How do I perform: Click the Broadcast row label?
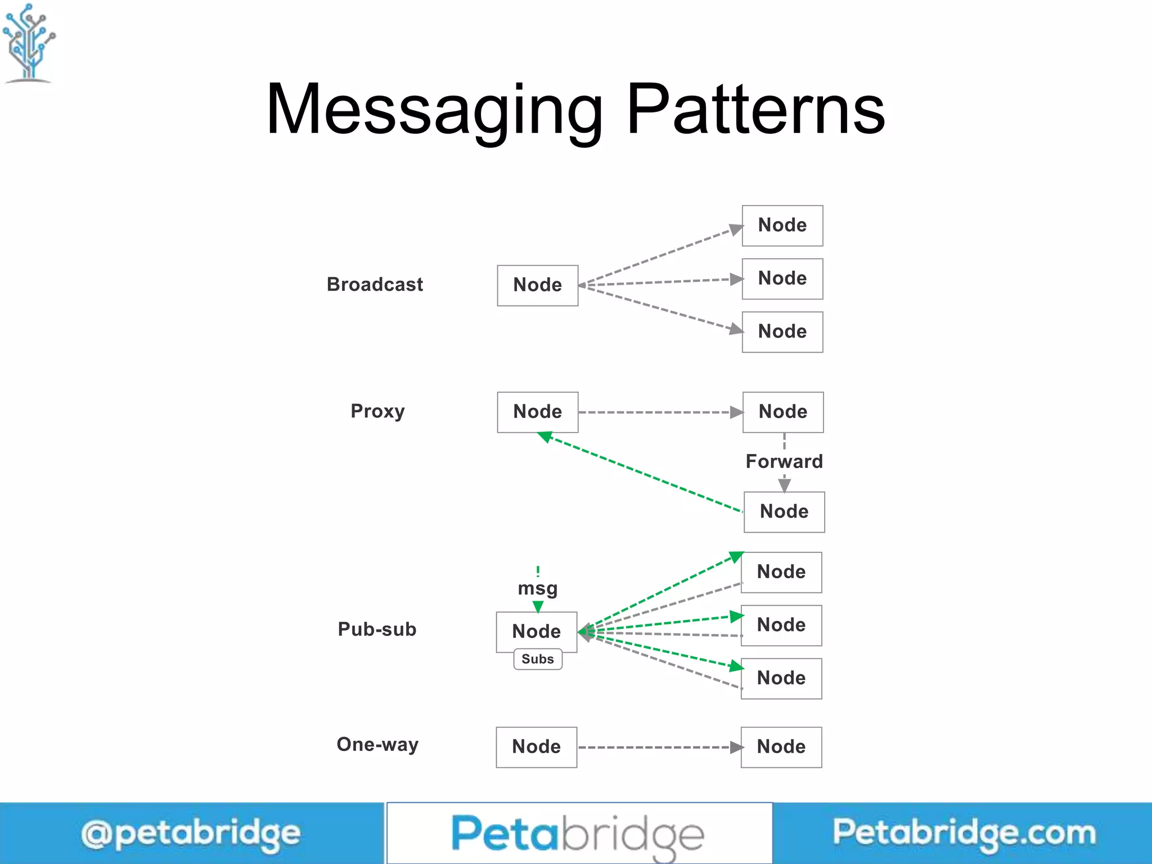click(375, 285)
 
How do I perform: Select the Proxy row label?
click(377, 411)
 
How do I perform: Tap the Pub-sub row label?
click(377, 629)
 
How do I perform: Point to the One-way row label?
click(377, 745)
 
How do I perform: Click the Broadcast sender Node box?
click(537, 285)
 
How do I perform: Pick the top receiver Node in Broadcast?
click(782, 226)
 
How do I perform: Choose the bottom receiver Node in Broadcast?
click(782, 332)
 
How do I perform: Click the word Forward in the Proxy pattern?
click(784, 461)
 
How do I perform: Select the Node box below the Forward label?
click(784, 512)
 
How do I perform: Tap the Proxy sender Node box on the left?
click(537, 412)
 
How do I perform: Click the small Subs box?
click(538, 659)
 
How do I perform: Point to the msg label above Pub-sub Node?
click(538, 588)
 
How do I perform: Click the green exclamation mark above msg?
click(538, 571)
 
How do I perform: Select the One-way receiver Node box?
click(781, 747)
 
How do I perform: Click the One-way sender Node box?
click(536, 747)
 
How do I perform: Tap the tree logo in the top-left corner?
click(29, 43)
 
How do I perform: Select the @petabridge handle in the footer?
click(191, 834)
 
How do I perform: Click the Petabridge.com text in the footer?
click(964, 832)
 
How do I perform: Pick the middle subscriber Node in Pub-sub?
click(781, 625)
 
